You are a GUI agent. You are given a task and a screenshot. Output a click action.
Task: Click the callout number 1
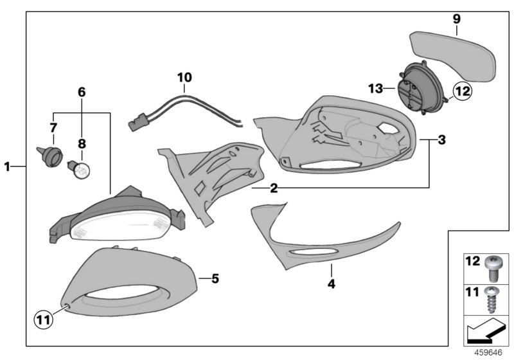point(7,167)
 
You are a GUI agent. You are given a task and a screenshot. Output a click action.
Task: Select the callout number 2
point(274,188)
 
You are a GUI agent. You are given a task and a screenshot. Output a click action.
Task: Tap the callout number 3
point(442,139)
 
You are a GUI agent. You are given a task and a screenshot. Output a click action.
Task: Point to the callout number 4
point(332,283)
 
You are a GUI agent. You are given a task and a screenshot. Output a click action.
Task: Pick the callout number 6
point(82,92)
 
